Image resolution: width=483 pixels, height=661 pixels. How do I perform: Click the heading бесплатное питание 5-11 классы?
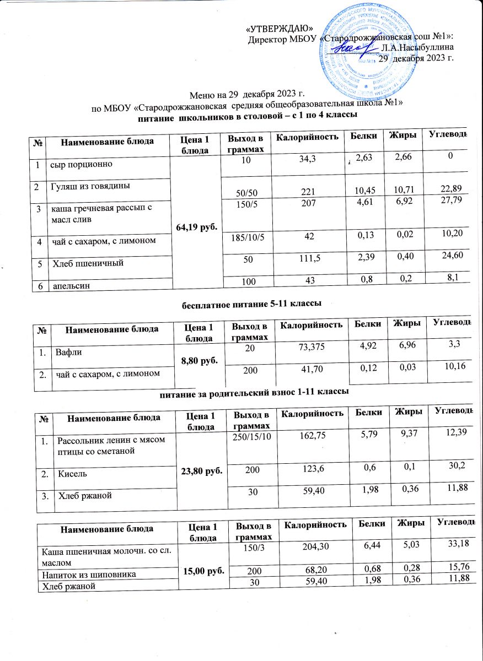coord(251,303)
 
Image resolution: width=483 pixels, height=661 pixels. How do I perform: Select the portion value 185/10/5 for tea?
coord(241,237)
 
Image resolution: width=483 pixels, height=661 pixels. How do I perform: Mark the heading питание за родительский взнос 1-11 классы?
coord(254,393)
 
